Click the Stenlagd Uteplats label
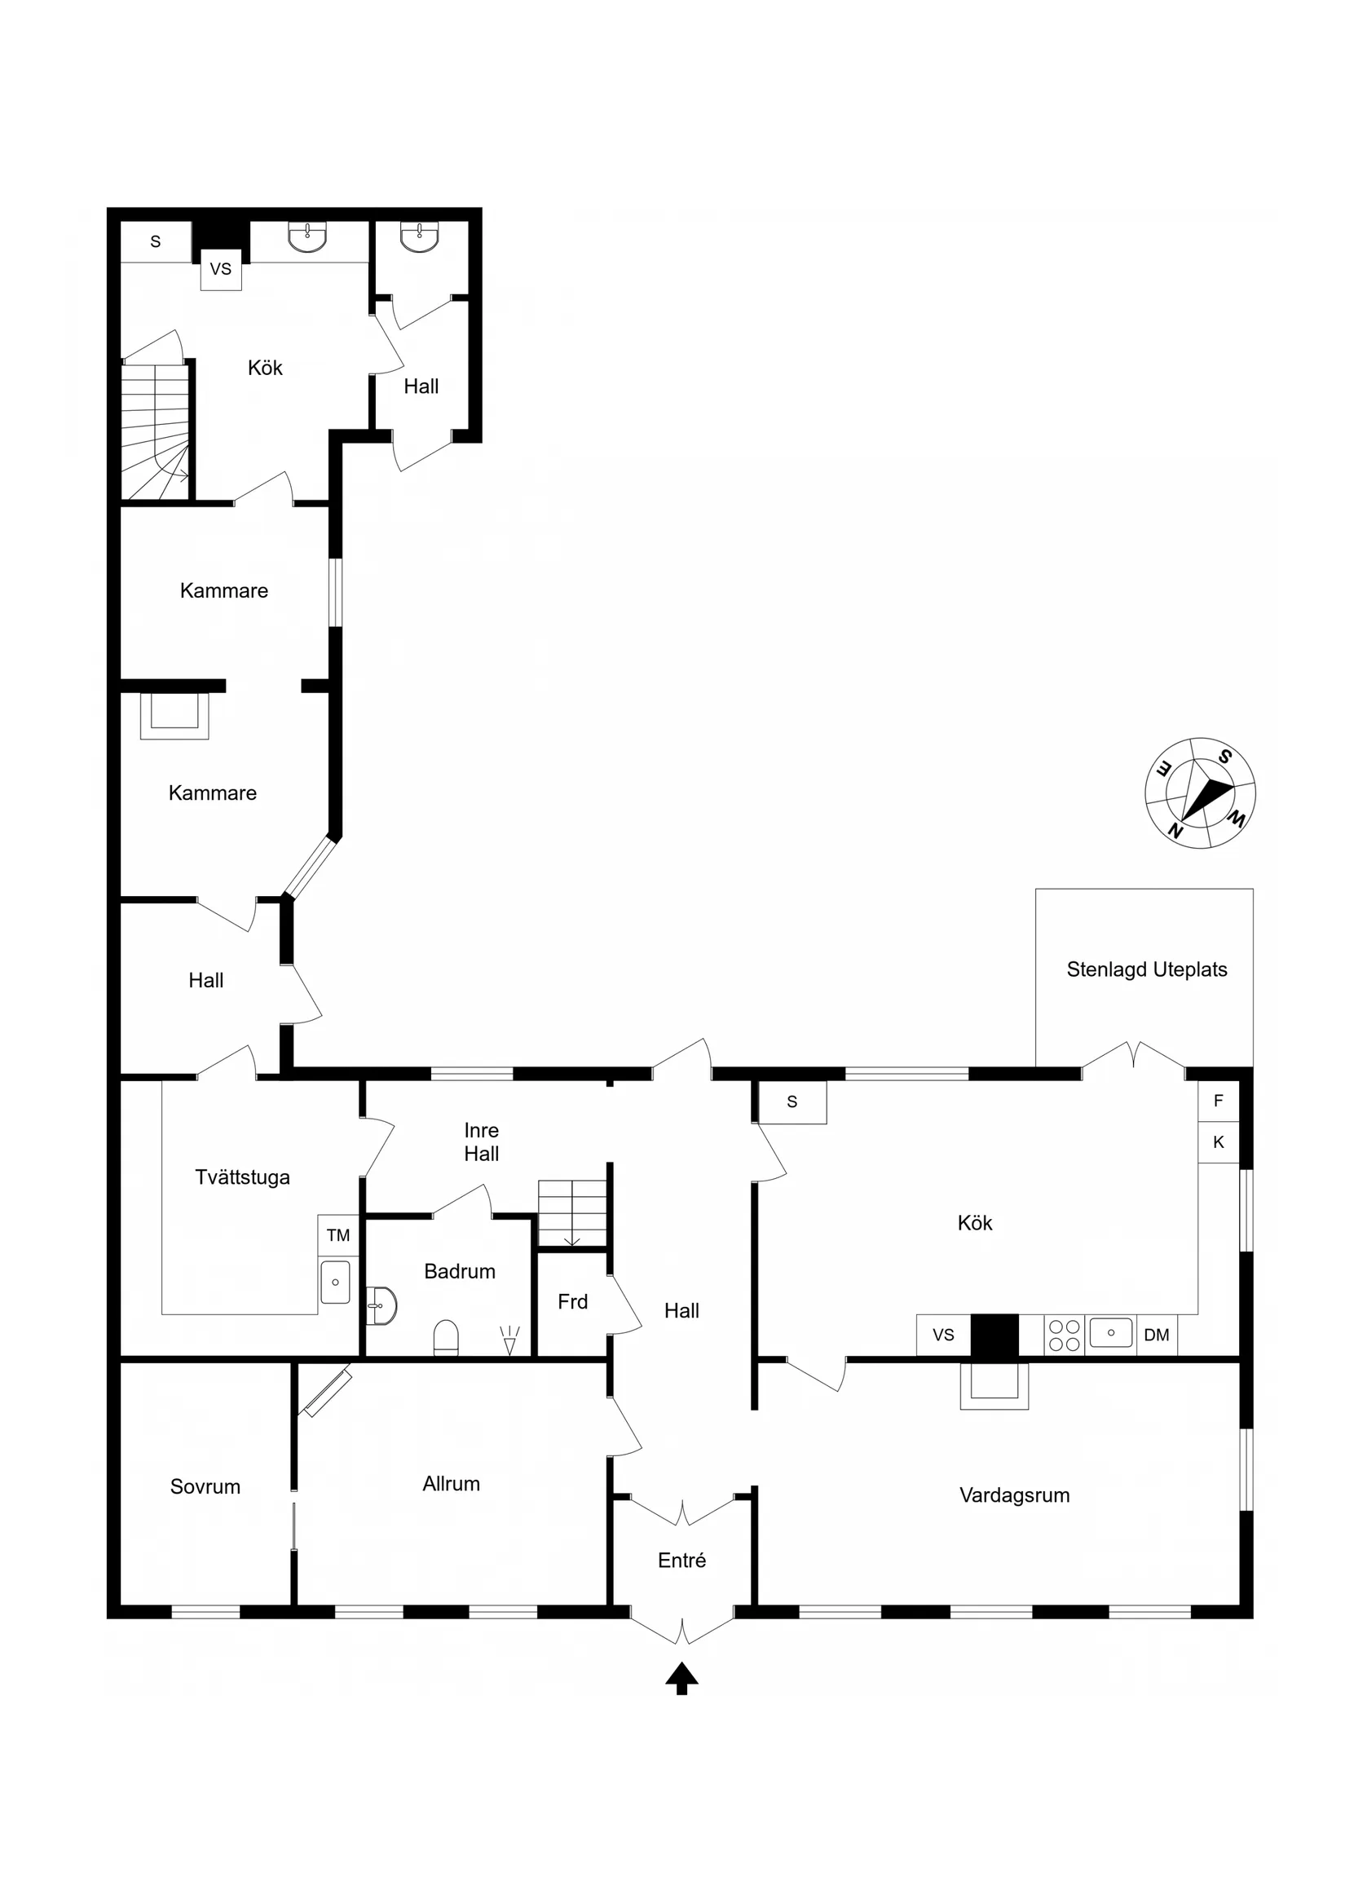[x=1146, y=969]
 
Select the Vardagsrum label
[x=1013, y=1495]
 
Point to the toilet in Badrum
[x=446, y=1337]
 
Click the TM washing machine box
[x=338, y=1236]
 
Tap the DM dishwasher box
[x=1156, y=1336]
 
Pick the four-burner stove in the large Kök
[x=1064, y=1336]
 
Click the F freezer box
[x=1217, y=1102]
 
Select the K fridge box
[x=1217, y=1142]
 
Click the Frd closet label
[x=572, y=1302]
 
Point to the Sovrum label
[x=205, y=1487]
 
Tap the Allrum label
[x=451, y=1484]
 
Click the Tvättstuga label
[x=242, y=1178]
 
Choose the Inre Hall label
[x=482, y=1142]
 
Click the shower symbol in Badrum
[x=509, y=1340]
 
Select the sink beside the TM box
[x=336, y=1283]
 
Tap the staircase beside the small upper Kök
[x=155, y=431]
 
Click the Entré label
[x=681, y=1561]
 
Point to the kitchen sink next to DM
[x=1110, y=1333]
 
